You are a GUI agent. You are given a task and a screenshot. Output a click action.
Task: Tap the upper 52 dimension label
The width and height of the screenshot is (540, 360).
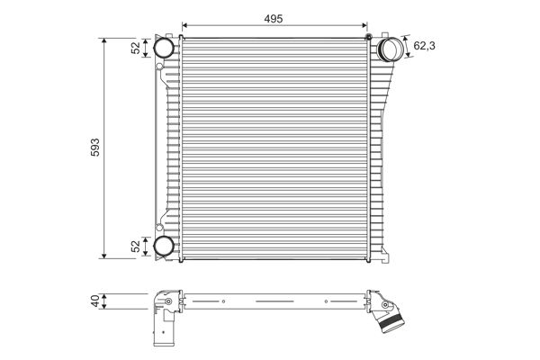click(x=137, y=48)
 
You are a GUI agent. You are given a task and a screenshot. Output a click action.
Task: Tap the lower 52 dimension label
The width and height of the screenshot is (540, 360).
click(x=137, y=246)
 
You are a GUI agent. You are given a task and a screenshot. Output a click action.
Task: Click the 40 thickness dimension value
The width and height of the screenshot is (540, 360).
click(x=94, y=303)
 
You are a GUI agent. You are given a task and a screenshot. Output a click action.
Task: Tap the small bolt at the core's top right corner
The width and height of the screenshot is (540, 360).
click(x=369, y=37)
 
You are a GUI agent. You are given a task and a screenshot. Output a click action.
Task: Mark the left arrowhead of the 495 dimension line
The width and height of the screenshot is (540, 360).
click(x=184, y=25)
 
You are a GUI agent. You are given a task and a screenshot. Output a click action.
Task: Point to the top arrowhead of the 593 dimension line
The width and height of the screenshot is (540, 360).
click(x=105, y=40)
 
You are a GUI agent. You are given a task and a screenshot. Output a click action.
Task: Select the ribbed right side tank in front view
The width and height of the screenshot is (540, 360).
click(x=379, y=153)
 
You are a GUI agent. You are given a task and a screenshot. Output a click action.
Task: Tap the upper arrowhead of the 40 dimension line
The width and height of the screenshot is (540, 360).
click(x=105, y=295)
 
